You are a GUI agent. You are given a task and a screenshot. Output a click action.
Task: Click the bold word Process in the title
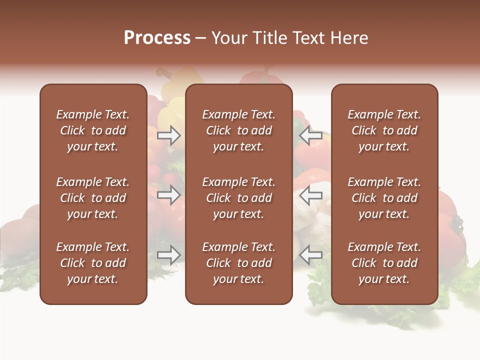[x=157, y=38]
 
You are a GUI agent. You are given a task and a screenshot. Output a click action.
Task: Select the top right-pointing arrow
[x=169, y=135]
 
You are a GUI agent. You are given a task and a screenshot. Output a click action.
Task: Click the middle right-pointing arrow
[x=169, y=195]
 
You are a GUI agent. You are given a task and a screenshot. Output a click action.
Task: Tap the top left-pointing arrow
[x=311, y=135]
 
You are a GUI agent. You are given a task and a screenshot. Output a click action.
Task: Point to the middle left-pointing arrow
[x=311, y=195]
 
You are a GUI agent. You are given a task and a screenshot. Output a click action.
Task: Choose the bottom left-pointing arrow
[x=311, y=255]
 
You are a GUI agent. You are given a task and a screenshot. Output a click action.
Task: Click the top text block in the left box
[x=93, y=130]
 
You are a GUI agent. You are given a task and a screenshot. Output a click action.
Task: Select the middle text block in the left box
[x=93, y=198]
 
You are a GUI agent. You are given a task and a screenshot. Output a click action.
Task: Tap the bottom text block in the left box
[x=93, y=263]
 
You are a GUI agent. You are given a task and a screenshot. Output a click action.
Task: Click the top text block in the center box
[x=238, y=130]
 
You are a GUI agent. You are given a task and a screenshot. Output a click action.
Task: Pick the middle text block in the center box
[x=238, y=198]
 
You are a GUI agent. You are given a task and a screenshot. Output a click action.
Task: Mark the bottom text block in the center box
[x=238, y=263]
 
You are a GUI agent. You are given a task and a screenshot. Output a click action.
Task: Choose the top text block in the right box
[x=384, y=130]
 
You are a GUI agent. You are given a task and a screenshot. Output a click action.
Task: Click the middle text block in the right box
[x=384, y=198]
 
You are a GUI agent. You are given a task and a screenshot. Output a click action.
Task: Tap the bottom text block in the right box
[x=384, y=263]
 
